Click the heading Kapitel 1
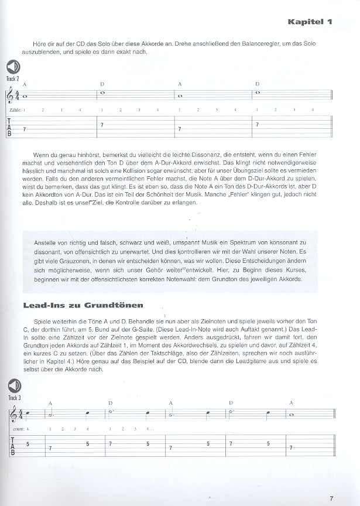click(x=309, y=22)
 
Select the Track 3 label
click(x=13, y=397)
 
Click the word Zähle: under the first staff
click(x=16, y=110)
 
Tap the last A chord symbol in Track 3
click(x=291, y=403)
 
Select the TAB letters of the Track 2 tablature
click(x=10, y=126)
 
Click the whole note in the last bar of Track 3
click(x=291, y=416)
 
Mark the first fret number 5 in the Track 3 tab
click(x=28, y=443)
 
